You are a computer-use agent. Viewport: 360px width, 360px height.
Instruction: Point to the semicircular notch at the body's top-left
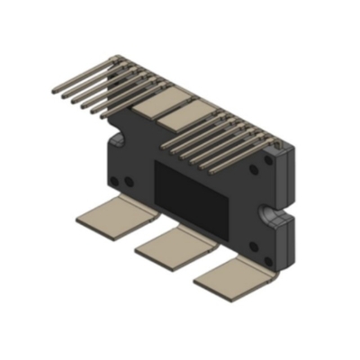tap(116, 141)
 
